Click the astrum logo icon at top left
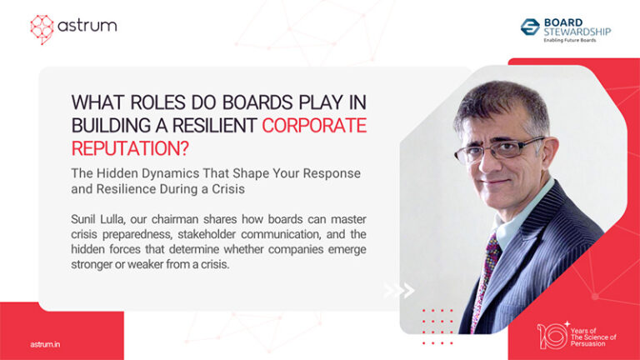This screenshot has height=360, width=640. pos(42,27)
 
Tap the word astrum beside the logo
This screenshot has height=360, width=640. pos(87,26)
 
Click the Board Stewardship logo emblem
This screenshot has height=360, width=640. pos(530,27)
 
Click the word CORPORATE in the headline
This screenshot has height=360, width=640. pos(314,126)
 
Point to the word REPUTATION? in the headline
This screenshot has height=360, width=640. pos(127,149)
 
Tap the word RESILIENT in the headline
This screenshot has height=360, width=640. pos(212,126)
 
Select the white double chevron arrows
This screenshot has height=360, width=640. pos(399,290)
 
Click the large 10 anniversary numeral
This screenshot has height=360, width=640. pos(552,335)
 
